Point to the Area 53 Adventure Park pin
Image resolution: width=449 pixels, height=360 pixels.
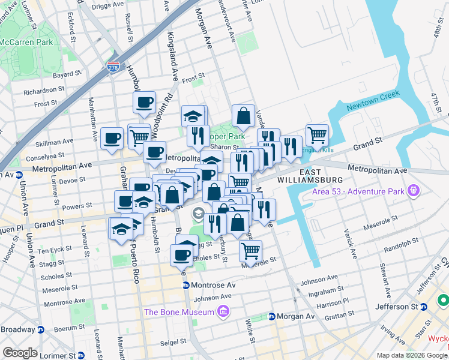point(412,191)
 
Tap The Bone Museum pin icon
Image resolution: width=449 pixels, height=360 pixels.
point(223,311)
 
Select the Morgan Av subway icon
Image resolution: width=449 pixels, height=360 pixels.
point(271,316)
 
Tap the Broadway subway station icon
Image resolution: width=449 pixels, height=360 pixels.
point(41,329)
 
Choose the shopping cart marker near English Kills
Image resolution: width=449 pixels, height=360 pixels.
point(316,135)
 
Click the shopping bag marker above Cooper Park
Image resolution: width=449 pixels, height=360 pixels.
point(243,116)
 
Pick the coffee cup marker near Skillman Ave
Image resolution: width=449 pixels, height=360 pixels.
point(112,139)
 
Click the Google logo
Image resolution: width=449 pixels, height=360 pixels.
point(20,353)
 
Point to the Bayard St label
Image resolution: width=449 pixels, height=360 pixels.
point(66,76)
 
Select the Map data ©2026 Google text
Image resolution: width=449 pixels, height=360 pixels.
point(412,355)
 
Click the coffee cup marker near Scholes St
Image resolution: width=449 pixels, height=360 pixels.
point(181,256)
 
